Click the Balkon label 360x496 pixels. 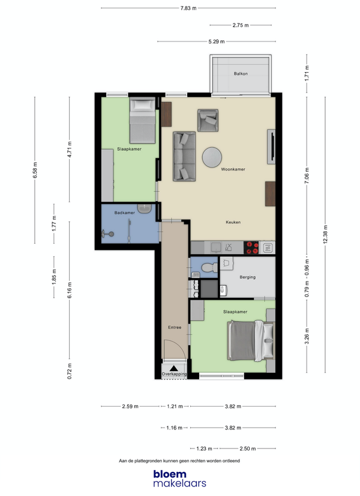pos(241,74)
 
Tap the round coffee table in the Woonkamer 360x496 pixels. pos(212,157)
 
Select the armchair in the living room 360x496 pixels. pos(208,120)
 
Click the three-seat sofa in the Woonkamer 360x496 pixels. pos(184,156)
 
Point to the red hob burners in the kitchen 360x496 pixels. pos(252,247)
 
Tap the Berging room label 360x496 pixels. pos(247,277)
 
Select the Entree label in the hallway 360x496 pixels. pos(175,327)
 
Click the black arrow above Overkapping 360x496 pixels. pos(174,368)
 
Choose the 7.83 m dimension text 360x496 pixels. pos(188,8)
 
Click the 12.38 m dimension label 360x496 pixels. pos(326,234)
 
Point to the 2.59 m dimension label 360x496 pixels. pos(130,406)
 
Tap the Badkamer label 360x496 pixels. pos(125,213)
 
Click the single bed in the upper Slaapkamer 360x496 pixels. pos(143,121)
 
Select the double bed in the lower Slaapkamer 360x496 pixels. pos(251,340)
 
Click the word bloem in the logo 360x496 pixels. pos(170,474)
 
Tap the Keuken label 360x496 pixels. pos(233,222)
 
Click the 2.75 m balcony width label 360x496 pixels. pos(241,25)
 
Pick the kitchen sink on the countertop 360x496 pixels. pos(217,247)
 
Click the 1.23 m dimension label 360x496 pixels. pos(204,449)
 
